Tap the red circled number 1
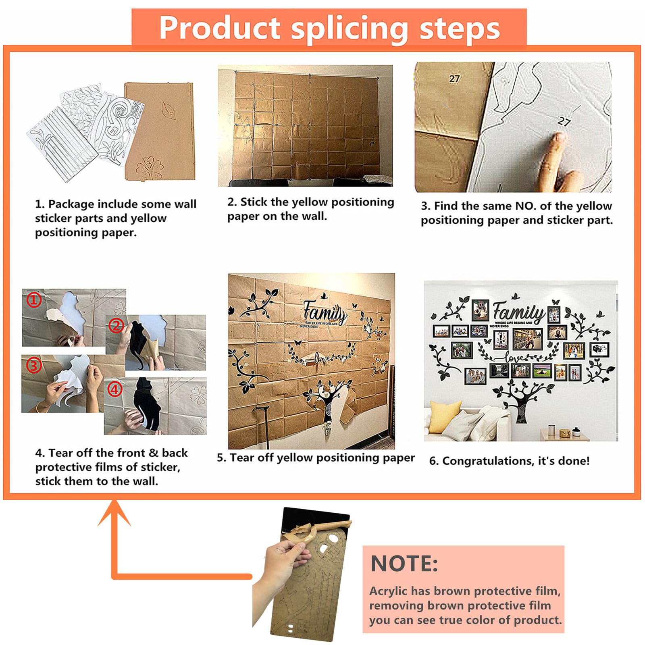pos(34,300)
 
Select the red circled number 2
pos(117,325)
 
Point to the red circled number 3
pos(34,365)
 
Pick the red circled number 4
pos(115,389)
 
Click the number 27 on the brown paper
pos(454,79)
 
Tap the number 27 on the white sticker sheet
pos(564,121)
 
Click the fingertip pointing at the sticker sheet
pos(558,139)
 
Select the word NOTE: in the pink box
pos(404,563)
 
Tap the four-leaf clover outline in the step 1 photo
pos(150,167)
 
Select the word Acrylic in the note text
pos(389,591)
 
